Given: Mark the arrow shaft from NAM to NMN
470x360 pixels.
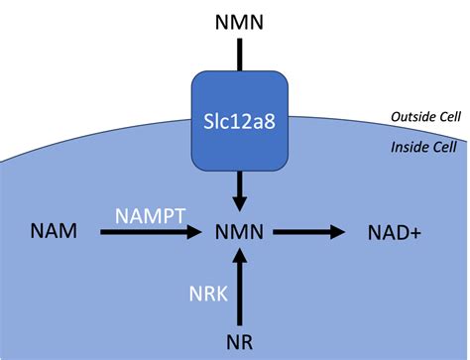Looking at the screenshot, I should click(x=139, y=233).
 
